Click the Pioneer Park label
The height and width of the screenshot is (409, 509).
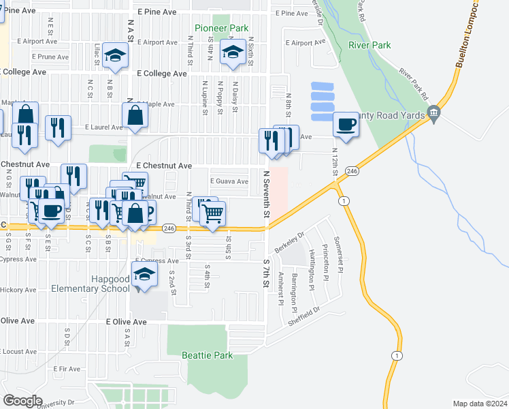(x=221, y=28)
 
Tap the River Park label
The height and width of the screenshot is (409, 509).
(x=369, y=45)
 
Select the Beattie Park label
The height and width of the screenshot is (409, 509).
(x=207, y=355)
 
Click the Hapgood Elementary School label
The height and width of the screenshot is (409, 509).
(x=91, y=284)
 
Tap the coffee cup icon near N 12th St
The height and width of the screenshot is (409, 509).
(x=346, y=125)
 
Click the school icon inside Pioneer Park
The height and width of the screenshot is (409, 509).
(x=233, y=53)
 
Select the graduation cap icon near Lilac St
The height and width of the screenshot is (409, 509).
(x=116, y=57)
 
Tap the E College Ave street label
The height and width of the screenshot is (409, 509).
(x=162, y=73)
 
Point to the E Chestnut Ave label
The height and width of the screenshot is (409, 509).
(x=164, y=166)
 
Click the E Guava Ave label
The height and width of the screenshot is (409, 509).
(x=229, y=181)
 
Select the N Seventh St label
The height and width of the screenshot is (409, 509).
(x=267, y=194)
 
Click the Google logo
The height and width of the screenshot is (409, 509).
(x=22, y=400)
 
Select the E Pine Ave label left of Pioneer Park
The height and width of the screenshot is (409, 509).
(x=157, y=12)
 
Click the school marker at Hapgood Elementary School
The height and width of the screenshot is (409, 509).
(x=143, y=275)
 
